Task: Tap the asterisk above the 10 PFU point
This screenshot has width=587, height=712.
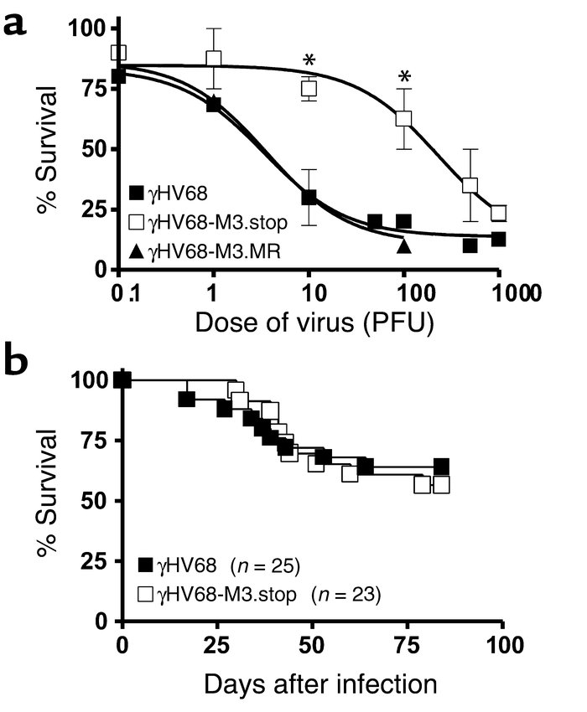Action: pyautogui.click(x=309, y=60)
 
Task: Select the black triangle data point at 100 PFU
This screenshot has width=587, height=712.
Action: pyautogui.click(x=404, y=245)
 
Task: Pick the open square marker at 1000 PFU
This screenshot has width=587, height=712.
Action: pyautogui.click(x=499, y=213)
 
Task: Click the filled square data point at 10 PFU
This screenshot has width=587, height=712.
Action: pyautogui.click(x=309, y=198)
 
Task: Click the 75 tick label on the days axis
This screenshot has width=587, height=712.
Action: pyautogui.click(x=407, y=645)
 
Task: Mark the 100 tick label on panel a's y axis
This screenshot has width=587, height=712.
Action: pyautogui.click(x=86, y=29)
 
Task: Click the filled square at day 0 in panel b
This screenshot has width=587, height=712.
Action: pyautogui.click(x=123, y=380)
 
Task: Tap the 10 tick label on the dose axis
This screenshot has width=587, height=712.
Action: pyautogui.click(x=310, y=294)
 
